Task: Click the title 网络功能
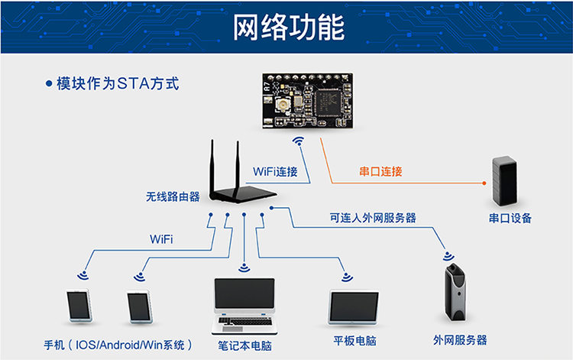(289, 27)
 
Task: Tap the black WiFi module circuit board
(307, 100)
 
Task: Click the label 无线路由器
(173, 196)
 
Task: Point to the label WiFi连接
(275, 171)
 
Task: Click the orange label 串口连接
(380, 171)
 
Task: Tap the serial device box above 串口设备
(505, 181)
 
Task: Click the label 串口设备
(510, 218)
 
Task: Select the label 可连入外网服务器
(373, 218)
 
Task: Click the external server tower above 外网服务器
(455, 293)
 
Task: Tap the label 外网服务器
(460, 340)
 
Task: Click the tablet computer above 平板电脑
(354, 307)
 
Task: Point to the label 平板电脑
(354, 341)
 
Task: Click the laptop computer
(244, 306)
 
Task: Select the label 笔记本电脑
(244, 345)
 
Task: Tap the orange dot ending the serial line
(484, 183)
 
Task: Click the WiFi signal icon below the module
(299, 141)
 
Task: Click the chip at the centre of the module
(327, 103)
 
